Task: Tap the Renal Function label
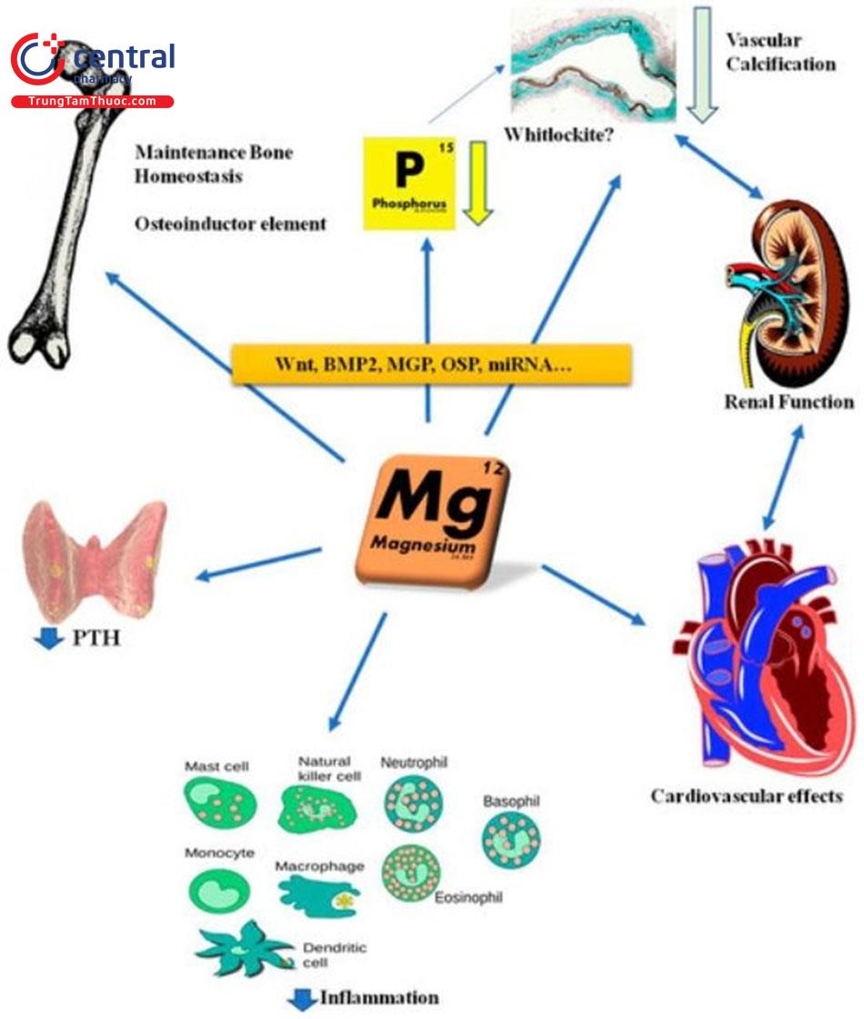789,401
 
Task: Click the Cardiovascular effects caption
746,796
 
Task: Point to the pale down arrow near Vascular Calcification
701,65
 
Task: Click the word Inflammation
378,997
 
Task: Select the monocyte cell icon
218,890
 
